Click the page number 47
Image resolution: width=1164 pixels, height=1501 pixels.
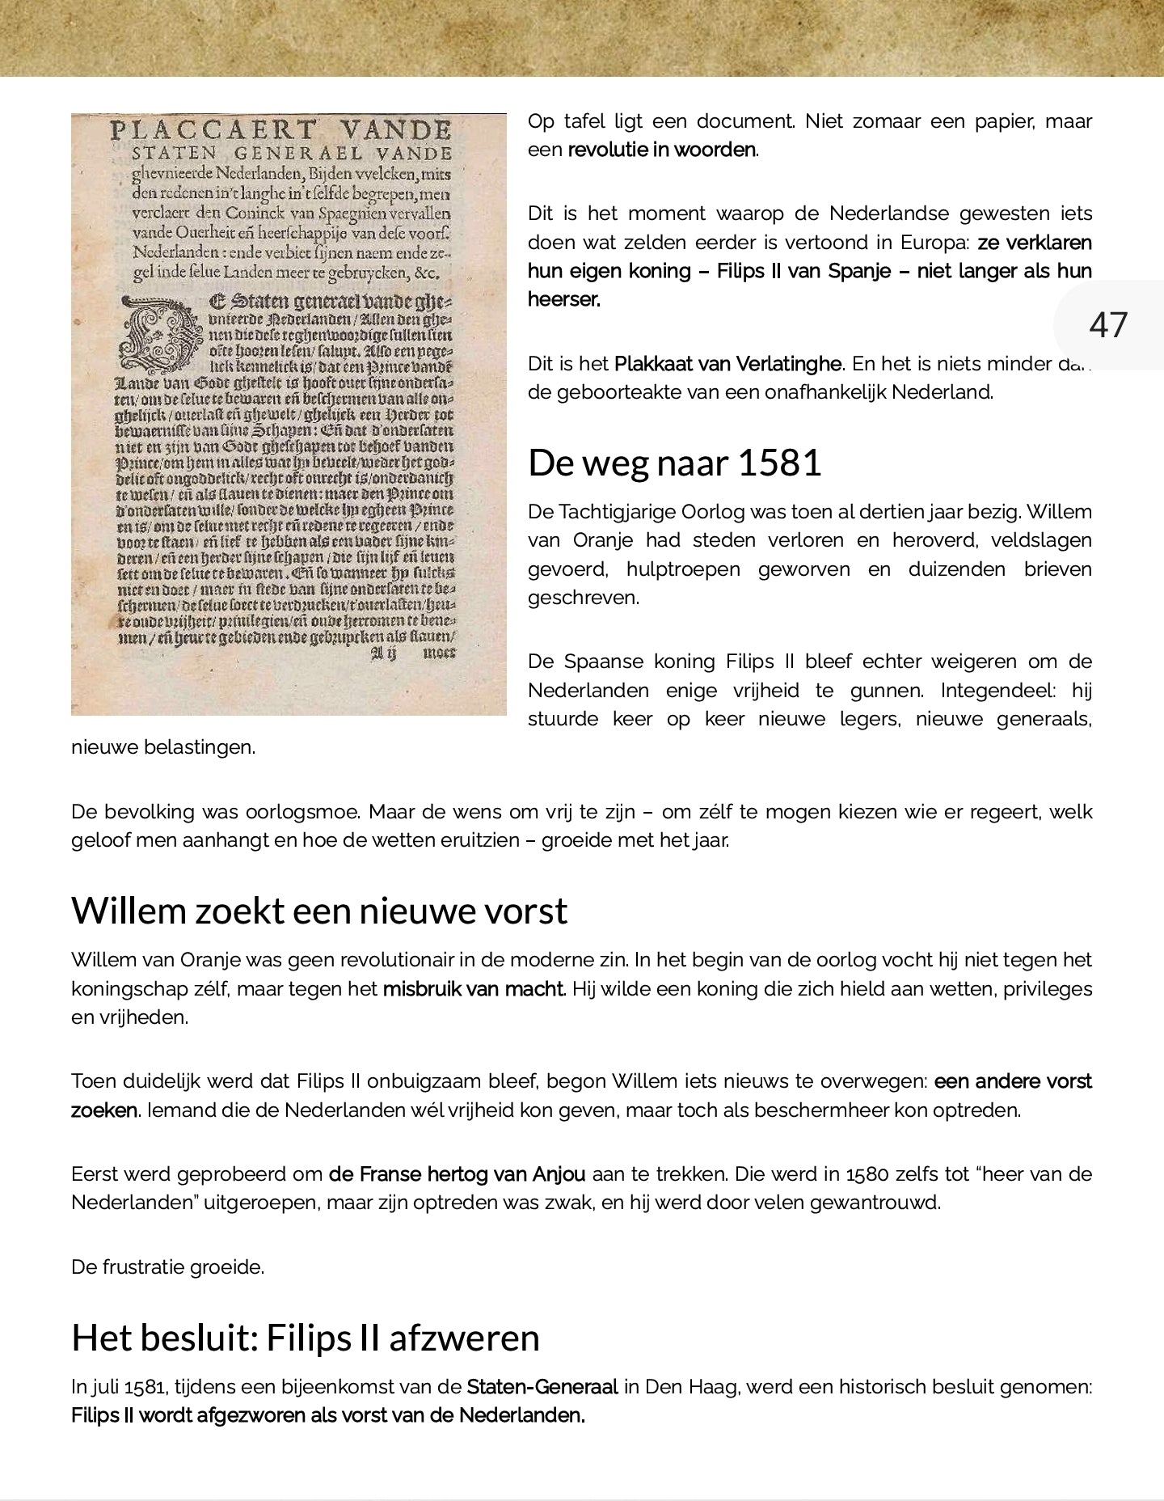tap(1107, 325)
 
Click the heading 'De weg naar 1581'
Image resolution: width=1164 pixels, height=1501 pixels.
tap(674, 463)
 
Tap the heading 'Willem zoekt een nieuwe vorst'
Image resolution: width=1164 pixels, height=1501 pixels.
tap(319, 911)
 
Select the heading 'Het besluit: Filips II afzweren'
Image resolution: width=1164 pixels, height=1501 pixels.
tap(305, 1338)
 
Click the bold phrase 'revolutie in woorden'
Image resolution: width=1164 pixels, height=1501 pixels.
tap(662, 150)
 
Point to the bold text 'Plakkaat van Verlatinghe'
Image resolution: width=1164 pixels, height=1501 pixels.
tap(727, 364)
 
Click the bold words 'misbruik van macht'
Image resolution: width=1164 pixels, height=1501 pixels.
tap(472, 989)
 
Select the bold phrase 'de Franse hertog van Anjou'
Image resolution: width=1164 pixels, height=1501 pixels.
tap(457, 1174)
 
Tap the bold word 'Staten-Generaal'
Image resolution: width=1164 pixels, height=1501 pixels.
tap(542, 1388)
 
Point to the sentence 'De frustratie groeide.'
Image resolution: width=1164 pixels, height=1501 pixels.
tap(167, 1267)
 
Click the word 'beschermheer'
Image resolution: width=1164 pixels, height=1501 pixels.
tap(818, 1110)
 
